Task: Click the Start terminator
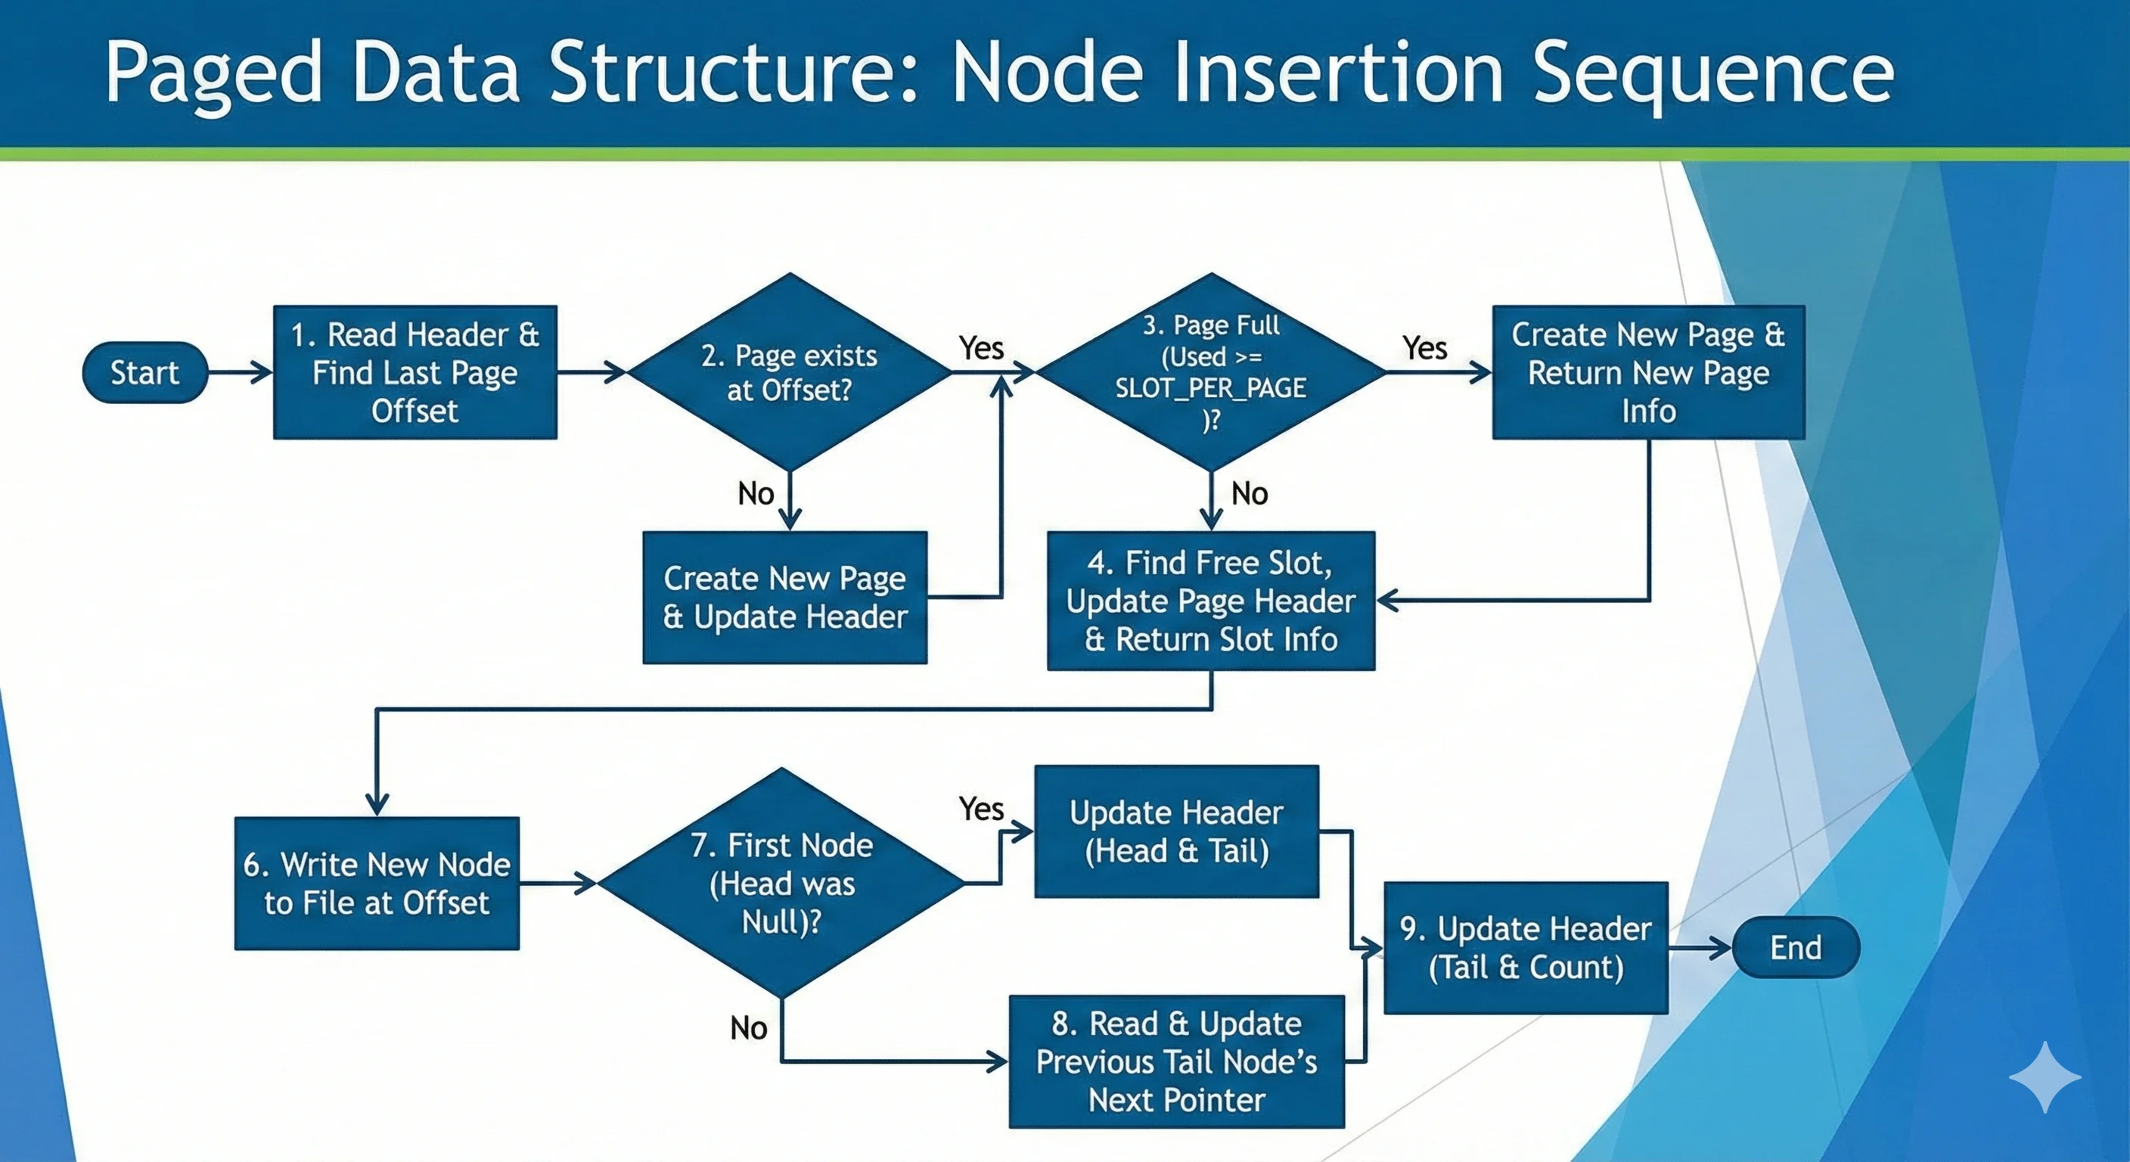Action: [x=144, y=372]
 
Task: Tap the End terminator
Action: [x=1795, y=947]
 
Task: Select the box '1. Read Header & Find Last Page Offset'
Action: [x=415, y=372]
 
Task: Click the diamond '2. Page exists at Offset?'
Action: [x=790, y=372]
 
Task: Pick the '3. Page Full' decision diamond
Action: [x=1210, y=372]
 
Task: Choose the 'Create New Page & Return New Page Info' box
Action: [x=1648, y=372]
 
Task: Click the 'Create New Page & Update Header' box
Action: [x=784, y=597]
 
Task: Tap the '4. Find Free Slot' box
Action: [x=1210, y=601]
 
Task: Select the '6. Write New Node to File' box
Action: [x=377, y=884]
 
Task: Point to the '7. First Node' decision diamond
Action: [x=781, y=884]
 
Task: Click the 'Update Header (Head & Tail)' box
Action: [x=1175, y=831]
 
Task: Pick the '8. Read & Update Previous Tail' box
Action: [x=1175, y=1062]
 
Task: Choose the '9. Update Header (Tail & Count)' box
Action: [x=1526, y=948]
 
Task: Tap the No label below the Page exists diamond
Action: [x=756, y=494]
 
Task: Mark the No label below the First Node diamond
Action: [x=748, y=1028]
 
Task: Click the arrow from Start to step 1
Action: [x=240, y=372]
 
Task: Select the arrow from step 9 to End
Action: [x=1699, y=948]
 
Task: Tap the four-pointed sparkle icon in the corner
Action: [x=2044, y=1077]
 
